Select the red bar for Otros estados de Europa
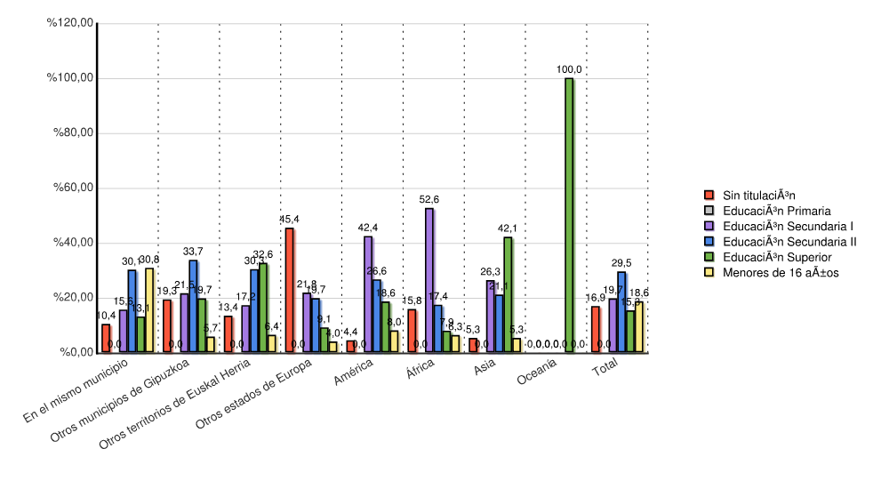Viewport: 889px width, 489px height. click(x=289, y=291)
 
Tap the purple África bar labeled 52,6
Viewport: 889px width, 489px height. click(x=429, y=280)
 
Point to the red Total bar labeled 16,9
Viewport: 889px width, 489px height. click(x=596, y=329)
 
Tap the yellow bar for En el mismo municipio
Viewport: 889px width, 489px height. click(x=149, y=310)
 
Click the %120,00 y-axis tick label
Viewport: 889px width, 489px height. click(x=70, y=23)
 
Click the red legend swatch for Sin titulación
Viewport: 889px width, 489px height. click(x=709, y=195)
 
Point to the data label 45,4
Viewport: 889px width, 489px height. click(x=289, y=220)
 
